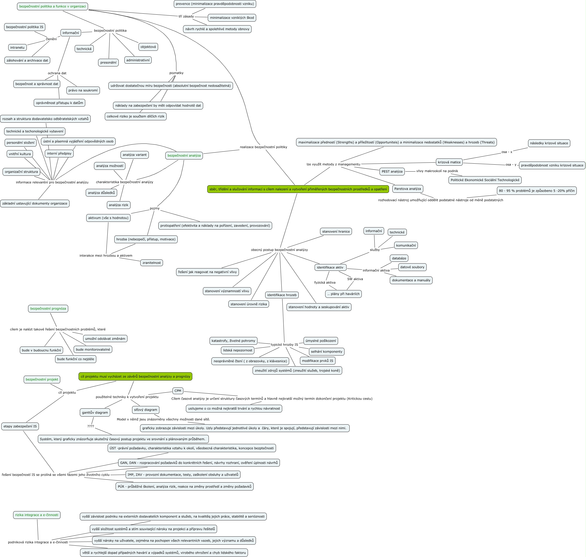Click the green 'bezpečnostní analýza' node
tap(184, 156)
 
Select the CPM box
tap(178, 391)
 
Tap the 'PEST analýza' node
tap(392, 172)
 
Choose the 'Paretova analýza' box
tap(407, 189)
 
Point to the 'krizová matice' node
tap(449, 162)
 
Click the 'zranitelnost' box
tap(151, 263)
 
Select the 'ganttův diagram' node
tap(95, 412)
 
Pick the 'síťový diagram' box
tap(145, 410)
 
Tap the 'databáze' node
tap(399, 258)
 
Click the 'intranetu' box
tap(18, 47)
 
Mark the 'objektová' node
tap(148, 47)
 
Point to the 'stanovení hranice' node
tap(336, 232)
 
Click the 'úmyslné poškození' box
tap(321, 341)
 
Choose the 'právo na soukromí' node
tap(83, 90)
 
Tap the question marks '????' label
tap(90, 426)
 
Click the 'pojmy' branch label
tap(154, 208)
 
